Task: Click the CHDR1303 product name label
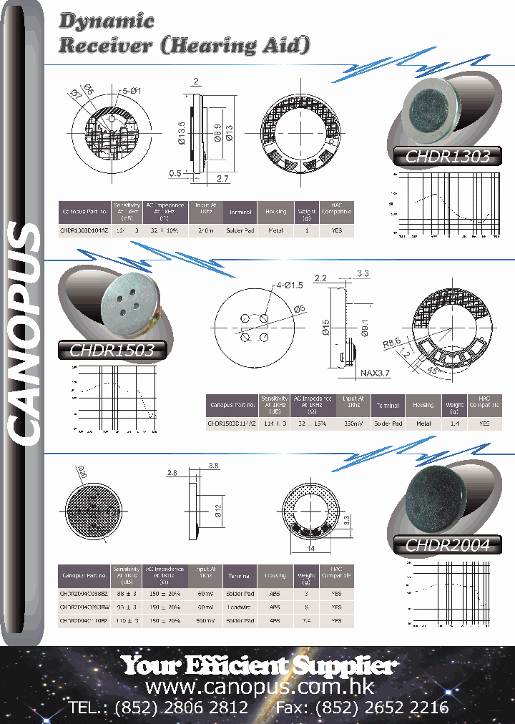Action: pyautogui.click(x=447, y=157)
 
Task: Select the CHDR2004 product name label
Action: pyautogui.click(x=447, y=545)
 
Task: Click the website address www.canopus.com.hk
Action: pyautogui.click(x=259, y=687)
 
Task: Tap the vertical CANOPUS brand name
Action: pyautogui.click(x=24, y=333)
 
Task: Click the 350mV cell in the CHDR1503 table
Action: pyautogui.click(x=353, y=424)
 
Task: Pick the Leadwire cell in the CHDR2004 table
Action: pyautogui.click(x=239, y=607)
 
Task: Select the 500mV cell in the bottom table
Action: pyautogui.click(x=205, y=621)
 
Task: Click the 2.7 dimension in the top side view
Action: pyautogui.click(x=222, y=178)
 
